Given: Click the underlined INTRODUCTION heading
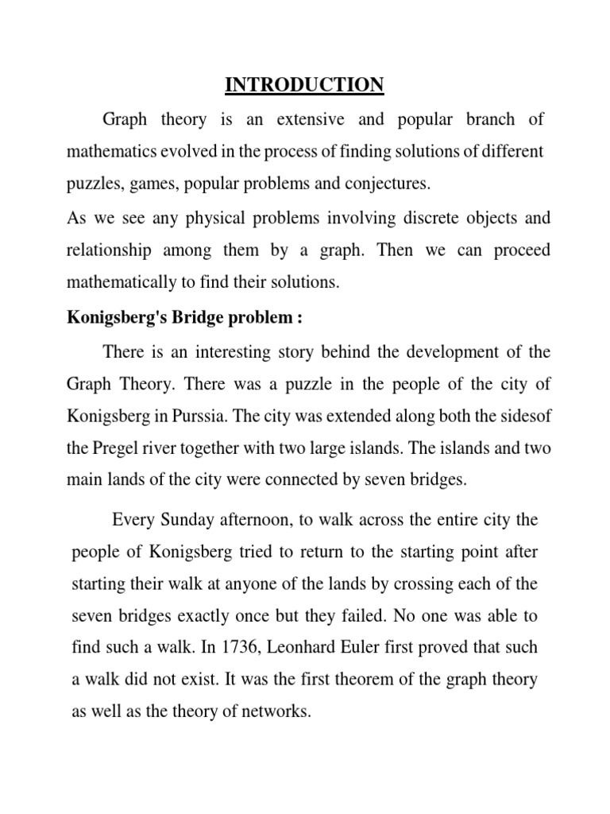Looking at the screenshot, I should (305, 84).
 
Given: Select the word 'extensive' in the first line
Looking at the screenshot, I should (311, 119).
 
